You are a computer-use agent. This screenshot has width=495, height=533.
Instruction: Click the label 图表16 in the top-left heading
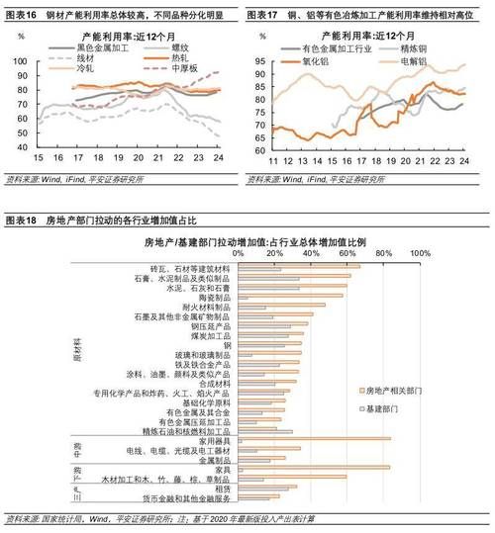(x=22, y=16)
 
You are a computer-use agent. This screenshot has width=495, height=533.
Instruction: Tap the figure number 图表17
(x=263, y=16)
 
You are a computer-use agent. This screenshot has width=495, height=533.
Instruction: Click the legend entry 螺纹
(x=184, y=46)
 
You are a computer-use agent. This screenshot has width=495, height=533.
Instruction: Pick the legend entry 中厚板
(x=187, y=68)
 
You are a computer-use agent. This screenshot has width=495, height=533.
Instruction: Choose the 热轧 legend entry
(x=184, y=57)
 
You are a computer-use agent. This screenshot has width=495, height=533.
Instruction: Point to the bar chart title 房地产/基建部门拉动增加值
(x=256, y=240)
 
